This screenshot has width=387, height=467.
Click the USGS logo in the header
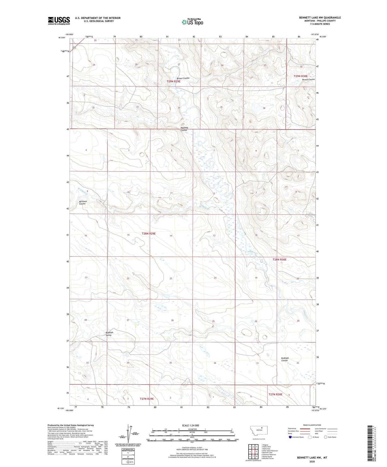(59, 21)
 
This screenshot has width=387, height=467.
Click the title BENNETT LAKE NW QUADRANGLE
(320, 18)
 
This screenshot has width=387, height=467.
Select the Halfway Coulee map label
(184, 129)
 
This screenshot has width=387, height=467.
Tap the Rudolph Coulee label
(285, 359)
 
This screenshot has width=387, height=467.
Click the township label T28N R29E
(148, 233)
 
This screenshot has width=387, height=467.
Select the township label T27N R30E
(275, 394)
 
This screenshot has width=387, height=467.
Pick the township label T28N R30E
(279, 259)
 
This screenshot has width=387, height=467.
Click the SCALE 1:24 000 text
(190, 425)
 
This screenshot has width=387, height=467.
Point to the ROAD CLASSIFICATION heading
(312, 425)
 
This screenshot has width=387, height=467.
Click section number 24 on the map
(215, 278)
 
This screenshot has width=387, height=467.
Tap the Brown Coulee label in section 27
(183, 78)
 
